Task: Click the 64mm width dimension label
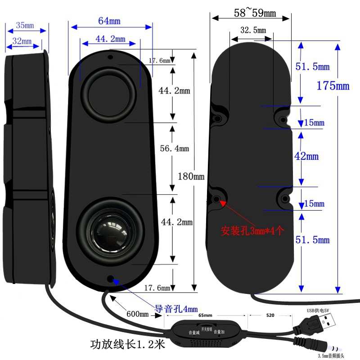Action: click(x=109, y=21)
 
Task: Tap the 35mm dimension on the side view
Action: click(x=25, y=26)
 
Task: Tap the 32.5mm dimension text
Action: click(x=253, y=31)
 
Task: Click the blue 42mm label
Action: click(x=306, y=157)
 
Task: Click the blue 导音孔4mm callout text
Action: click(x=176, y=309)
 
